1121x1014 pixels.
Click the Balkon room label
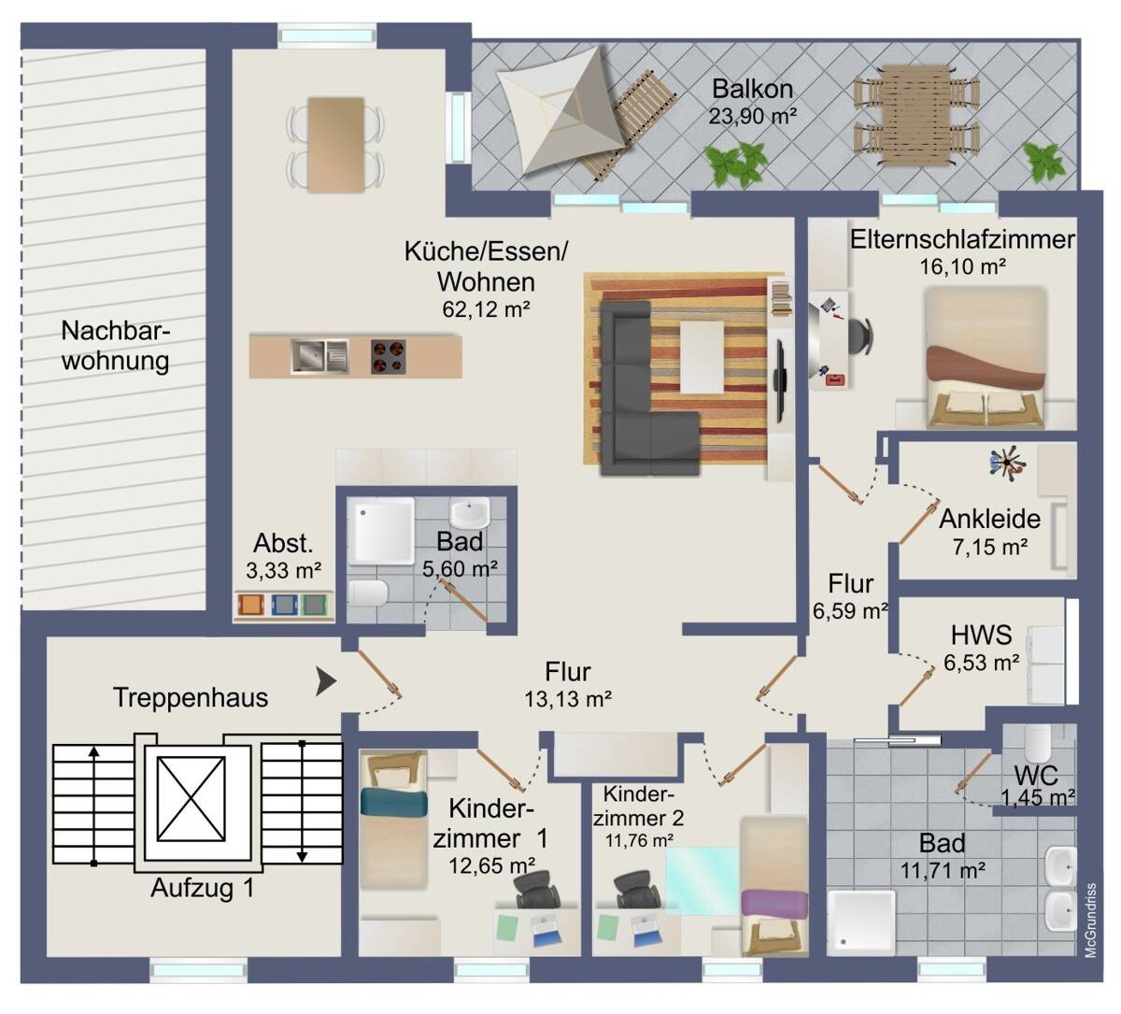coord(753,90)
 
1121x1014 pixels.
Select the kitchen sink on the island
coord(319,355)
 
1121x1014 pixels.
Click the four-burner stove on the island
coord(390,356)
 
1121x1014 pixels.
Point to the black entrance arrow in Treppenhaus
coord(325,681)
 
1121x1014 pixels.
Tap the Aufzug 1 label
coord(202,888)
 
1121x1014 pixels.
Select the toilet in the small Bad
coord(368,593)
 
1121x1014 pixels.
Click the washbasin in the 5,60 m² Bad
coord(469,513)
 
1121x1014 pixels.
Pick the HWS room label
coord(981,636)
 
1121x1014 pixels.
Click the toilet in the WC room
coord(1038,744)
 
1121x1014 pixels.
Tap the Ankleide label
coord(990,519)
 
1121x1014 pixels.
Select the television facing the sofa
coord(781,366)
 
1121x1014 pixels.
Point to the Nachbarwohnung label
coord(116,346)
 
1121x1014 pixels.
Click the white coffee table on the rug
coord(702,357)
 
